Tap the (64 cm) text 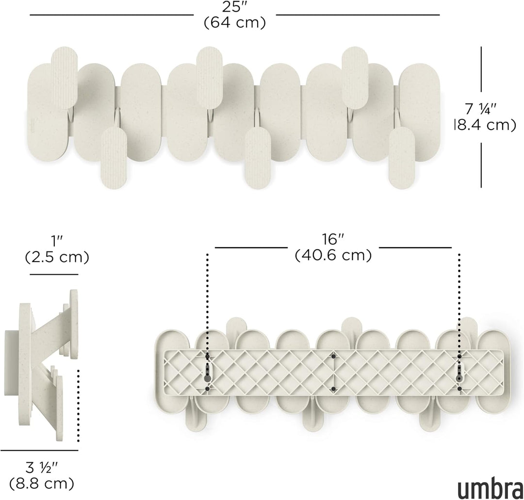click(x=235, y=23)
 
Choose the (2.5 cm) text click(x=57, y=257)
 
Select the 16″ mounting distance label click(x=333, y=239)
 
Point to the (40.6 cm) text click(x=333, y=255)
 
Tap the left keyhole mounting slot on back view click(x=207, y=377)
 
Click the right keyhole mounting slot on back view click(x=459, y=377)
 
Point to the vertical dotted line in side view click(x=78, y=405)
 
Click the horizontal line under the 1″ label click(x=54, y=274)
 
